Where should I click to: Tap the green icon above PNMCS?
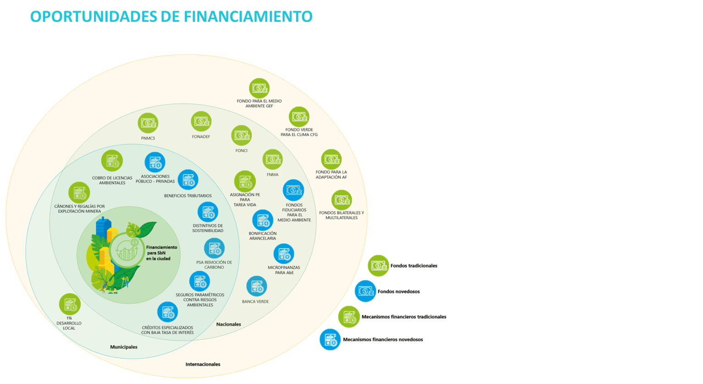click(148, 123)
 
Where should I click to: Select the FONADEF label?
click(201, 137)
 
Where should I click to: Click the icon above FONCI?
click(241, 135)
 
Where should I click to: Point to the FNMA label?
click(272, 175)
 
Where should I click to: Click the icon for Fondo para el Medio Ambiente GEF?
click(259, 88)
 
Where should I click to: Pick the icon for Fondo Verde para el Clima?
click(299, 117)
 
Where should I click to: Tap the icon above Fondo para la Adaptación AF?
click(331, 159)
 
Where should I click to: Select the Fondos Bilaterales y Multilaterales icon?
click(341, 200)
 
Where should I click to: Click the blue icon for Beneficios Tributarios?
click(188, 180)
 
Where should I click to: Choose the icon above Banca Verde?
click(257, 286)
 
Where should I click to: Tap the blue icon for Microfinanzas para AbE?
click(284, 254)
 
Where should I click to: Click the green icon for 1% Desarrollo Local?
click(70, 304)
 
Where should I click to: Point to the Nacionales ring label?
click(228, 324)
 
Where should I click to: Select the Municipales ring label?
click(124, 347)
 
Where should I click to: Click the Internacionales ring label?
click(203, 364)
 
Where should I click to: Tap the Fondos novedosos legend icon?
click(365, 291)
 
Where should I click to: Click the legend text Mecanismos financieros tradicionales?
click(404, 317)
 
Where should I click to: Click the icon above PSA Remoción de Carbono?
click(214, 248)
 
